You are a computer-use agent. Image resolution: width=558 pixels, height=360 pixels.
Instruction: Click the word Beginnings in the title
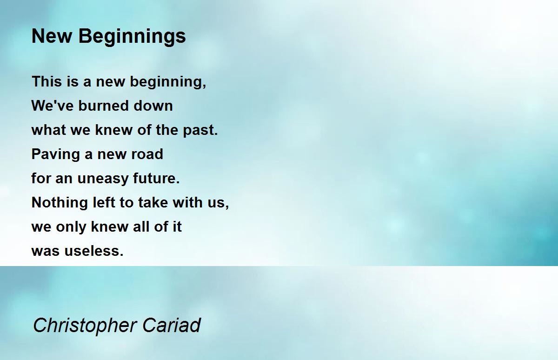pyautogui.click(x=132, y=37)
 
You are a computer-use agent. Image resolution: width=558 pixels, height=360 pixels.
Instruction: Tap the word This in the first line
pyautogui.click(x=47, y=81)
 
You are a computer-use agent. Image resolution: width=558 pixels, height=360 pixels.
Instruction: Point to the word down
pyautogui.click(x=153, y=106)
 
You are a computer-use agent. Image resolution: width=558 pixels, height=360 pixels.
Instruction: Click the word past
pyautogui.click(x=200, y=131)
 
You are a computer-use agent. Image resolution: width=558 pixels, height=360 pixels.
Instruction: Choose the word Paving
pyautogui.click(x=55, y=154)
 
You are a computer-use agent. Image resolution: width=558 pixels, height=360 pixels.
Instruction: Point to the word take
pyautogui.click(x=153, y=202)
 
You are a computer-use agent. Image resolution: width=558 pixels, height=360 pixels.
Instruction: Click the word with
pyautogui.click(x=187, y=202)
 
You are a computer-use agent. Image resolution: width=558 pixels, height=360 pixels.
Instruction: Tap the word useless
pyautogui.click(x=94, y=251)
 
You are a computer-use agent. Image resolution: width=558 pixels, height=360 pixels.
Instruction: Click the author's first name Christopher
pyautogui.click(x=85, y=326)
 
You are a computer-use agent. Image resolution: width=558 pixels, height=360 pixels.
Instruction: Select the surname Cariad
pyautogui.click(x=172, y=325)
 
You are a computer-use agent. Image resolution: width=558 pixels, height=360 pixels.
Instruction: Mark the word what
pyautogui.click(x=49, y=130)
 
